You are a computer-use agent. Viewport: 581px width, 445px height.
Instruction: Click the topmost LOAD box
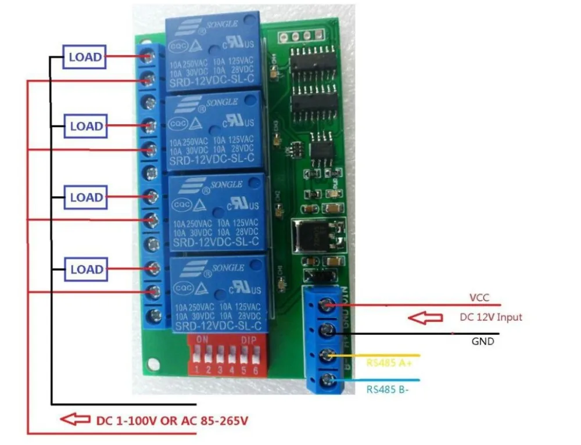click(85, 57)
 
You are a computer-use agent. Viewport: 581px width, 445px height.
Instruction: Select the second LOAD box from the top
click(86, 126)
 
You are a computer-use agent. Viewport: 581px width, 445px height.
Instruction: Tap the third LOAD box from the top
click(86, 198)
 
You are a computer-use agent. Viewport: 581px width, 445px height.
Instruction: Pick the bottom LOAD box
click(86, 270)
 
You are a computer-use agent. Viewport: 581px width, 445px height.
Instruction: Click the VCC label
click(479, 297)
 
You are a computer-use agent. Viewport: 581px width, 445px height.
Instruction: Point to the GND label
click(483, 342)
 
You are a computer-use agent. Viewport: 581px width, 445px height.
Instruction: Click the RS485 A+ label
click(386, 363)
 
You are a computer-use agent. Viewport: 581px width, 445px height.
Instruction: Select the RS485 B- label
click(386, 389)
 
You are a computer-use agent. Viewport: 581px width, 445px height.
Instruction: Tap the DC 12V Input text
click(490, 317)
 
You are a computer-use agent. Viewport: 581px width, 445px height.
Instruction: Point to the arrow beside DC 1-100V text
click(75, 419)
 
